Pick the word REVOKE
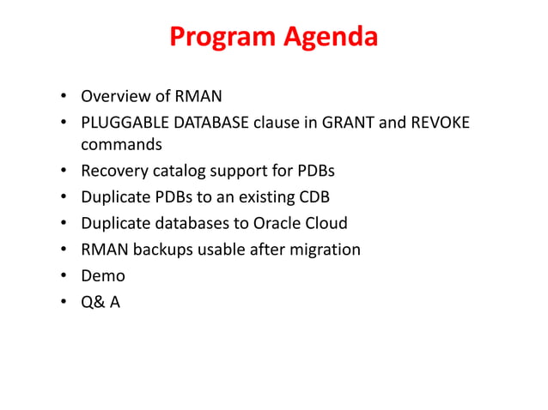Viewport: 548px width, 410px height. (x=440, y=122)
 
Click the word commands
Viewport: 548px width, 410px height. (x=121, y=144)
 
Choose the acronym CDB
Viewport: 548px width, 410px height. (x=314, y=196)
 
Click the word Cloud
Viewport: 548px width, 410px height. (x=327, y=223)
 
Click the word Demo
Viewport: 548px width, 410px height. (x=103, y=275)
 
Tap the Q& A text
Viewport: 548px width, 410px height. (x=100, y=301)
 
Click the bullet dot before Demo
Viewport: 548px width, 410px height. (x=64, y=276)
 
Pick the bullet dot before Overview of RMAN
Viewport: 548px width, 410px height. (x=64, y=96)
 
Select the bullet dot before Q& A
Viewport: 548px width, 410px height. (x=64, y=302)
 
